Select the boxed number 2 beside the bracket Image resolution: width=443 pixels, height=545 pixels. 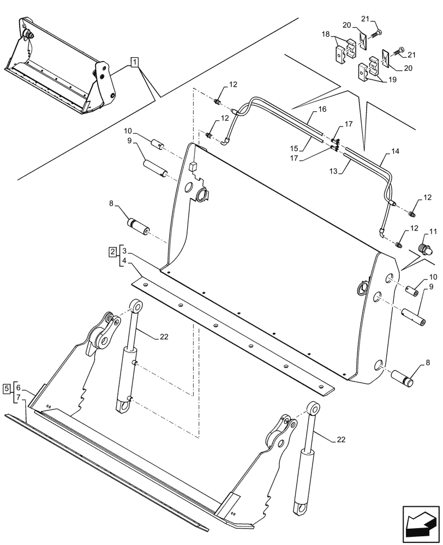click(x=112, y=251)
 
